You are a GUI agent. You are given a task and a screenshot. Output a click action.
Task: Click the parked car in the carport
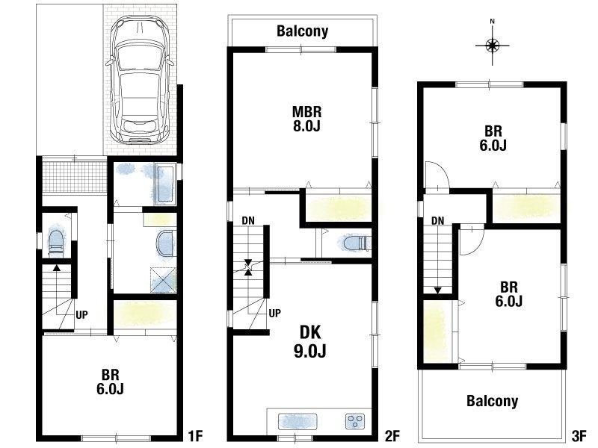[x=140, y=80]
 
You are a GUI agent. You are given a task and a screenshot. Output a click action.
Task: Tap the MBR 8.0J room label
[x=306, y=119]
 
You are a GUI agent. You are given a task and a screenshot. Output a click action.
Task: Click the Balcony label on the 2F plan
[x=303, y=31]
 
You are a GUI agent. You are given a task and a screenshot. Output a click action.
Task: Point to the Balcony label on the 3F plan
[x=493, y=401]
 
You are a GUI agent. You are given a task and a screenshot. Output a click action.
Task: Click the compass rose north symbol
[x=493, y=46]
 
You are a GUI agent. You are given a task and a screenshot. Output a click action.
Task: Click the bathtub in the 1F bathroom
[x=164, y=184]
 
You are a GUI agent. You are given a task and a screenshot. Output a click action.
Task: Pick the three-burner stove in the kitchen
[x=355, y=421]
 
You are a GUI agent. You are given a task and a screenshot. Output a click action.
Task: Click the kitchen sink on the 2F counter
[x=298, y=421]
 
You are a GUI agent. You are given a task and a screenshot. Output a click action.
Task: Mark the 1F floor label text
[x=195, y=436]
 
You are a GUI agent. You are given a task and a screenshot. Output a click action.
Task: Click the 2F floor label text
[x=392, y=436]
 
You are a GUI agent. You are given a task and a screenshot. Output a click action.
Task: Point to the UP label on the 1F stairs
[x=81, y=314]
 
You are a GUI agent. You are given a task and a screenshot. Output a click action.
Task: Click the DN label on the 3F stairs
[x=438, y=220]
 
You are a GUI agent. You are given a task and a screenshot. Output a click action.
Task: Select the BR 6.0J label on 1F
[x=110, y=382]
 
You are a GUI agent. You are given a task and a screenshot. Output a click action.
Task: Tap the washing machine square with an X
[x=163, y=280]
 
